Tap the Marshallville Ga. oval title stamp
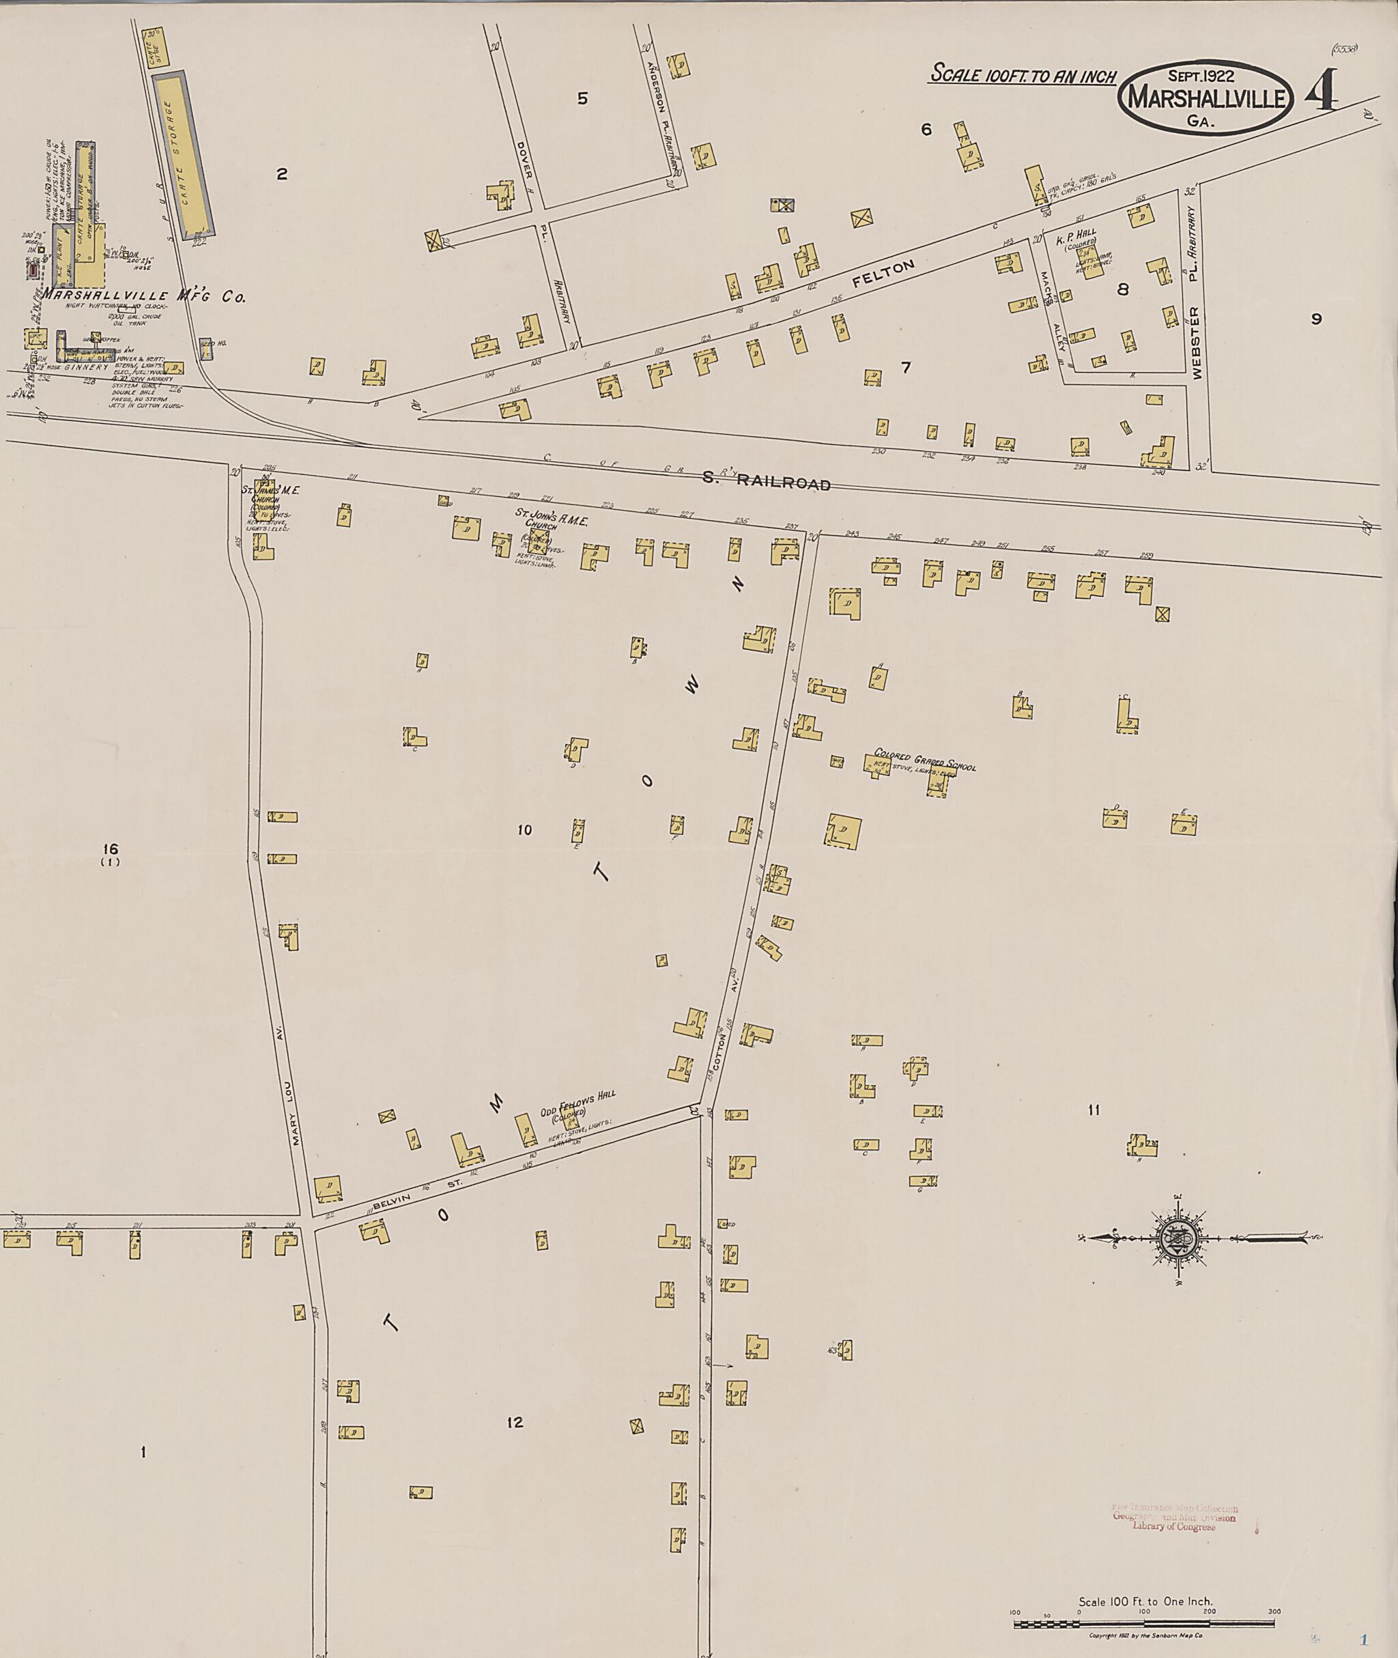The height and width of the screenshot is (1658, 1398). tap(1206, 98)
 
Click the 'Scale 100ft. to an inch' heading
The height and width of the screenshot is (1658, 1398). tap(1023, 76)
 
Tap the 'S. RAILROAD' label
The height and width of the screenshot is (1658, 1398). tap(767, 481)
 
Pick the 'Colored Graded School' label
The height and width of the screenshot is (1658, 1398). tap(924, 759)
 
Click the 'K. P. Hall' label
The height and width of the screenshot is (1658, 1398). tap(1075, 235)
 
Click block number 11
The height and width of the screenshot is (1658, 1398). tap(1094, 1111)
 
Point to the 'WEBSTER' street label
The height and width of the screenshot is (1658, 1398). tap(1197, 343)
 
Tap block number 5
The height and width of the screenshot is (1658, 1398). tap(582, 99)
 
